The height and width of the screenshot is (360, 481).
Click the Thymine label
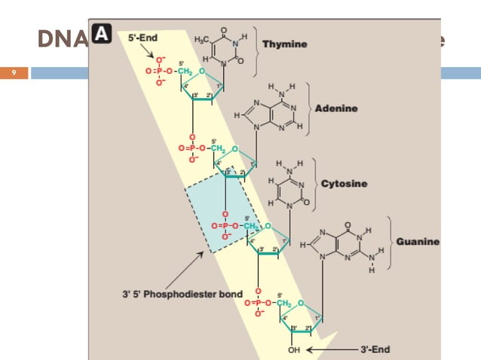click(x=285, y=44)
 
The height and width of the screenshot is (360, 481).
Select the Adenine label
click(x=336, y=108)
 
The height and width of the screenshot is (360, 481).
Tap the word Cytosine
click(x=345, y=184)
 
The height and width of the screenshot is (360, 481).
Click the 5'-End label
click(x=142, y=36)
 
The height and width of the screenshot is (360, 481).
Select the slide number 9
click(x=13, y=73)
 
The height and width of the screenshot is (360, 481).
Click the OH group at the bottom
click(x=295, y=349)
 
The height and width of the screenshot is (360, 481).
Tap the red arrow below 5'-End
click(x=156, y=53)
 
